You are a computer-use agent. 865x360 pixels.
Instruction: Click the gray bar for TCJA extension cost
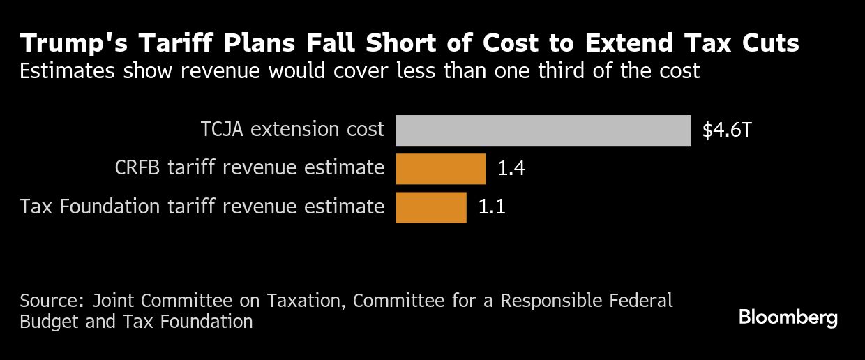pyautogui.click(x=543, y=130)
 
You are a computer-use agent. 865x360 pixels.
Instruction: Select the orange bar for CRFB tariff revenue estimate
pyautogui.click(x=440, y=169)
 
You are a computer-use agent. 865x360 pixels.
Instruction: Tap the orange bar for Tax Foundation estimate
pyautogui.click(x=430, y=207)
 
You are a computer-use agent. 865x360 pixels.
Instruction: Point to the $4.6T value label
pyautogui.click(x=727, y=130)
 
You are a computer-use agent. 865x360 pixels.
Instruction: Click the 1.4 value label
pyautogui.click(x=511, y=169)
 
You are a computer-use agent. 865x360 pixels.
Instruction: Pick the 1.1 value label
pyautogui.click(x=491, y=207)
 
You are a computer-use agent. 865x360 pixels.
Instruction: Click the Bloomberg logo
pyautogui.click(x=788, y=318)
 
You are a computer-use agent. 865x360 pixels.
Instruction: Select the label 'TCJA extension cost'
pyautogui.click(x=292, y=130)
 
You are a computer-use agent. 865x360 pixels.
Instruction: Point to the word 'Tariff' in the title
pyautogui.click(x=164, y=44)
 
